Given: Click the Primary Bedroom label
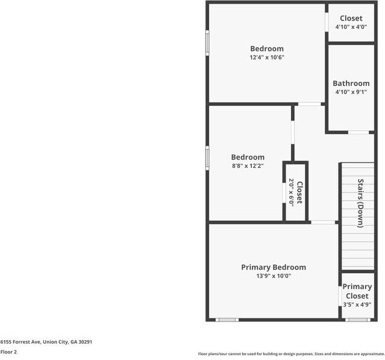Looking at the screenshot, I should tap(273, 267).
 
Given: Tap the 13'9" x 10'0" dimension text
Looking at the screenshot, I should tap(273, 276).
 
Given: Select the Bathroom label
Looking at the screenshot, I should tap(351, 84).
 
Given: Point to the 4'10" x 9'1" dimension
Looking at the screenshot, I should tap(351, 92).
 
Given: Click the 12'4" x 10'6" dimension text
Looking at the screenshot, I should tap(266, 58).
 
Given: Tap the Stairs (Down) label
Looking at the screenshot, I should tap(360, 203).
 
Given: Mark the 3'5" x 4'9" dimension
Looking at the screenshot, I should tap(357, 305).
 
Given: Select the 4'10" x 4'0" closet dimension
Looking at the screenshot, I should tap(351, 27).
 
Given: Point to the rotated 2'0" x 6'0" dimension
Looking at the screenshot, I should tap(291, 193).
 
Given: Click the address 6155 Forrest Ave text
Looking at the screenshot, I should tap(46, 341).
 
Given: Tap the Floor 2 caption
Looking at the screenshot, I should tap(8, 352).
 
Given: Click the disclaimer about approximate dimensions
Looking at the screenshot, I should tap(291, 354).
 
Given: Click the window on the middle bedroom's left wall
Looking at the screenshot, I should tap(207, 157).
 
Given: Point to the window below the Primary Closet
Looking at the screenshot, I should tap(357, 320).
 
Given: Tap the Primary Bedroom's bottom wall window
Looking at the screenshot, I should tap(227, 320).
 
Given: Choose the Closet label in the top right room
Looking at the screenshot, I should tap(351, 19).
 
